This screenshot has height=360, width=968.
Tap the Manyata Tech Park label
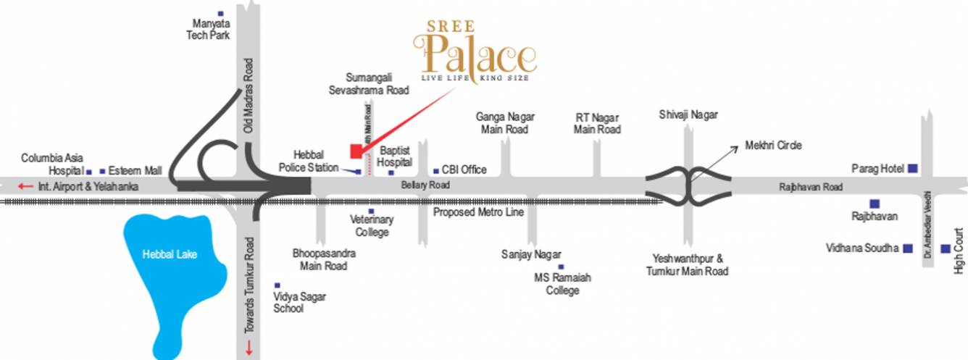pos(208,30)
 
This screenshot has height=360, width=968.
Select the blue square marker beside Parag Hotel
pos(913,169)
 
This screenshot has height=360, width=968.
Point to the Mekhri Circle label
pos(773,146)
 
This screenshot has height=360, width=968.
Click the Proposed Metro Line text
pos(478,212)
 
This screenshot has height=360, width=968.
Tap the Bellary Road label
pos(425,185)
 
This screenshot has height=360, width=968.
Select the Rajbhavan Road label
pos(811,187)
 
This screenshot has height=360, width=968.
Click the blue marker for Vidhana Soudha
pos(907,248)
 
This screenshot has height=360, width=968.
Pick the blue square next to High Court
pos(945,249)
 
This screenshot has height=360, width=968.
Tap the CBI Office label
pos(464,170)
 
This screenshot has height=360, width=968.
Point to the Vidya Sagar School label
pos(288,302)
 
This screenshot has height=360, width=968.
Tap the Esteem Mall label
pos(135,172)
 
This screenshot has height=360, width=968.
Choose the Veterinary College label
pos(372,226)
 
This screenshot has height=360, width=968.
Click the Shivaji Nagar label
pos(688,115)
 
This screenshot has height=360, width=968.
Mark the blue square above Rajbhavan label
pos(875,204)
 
